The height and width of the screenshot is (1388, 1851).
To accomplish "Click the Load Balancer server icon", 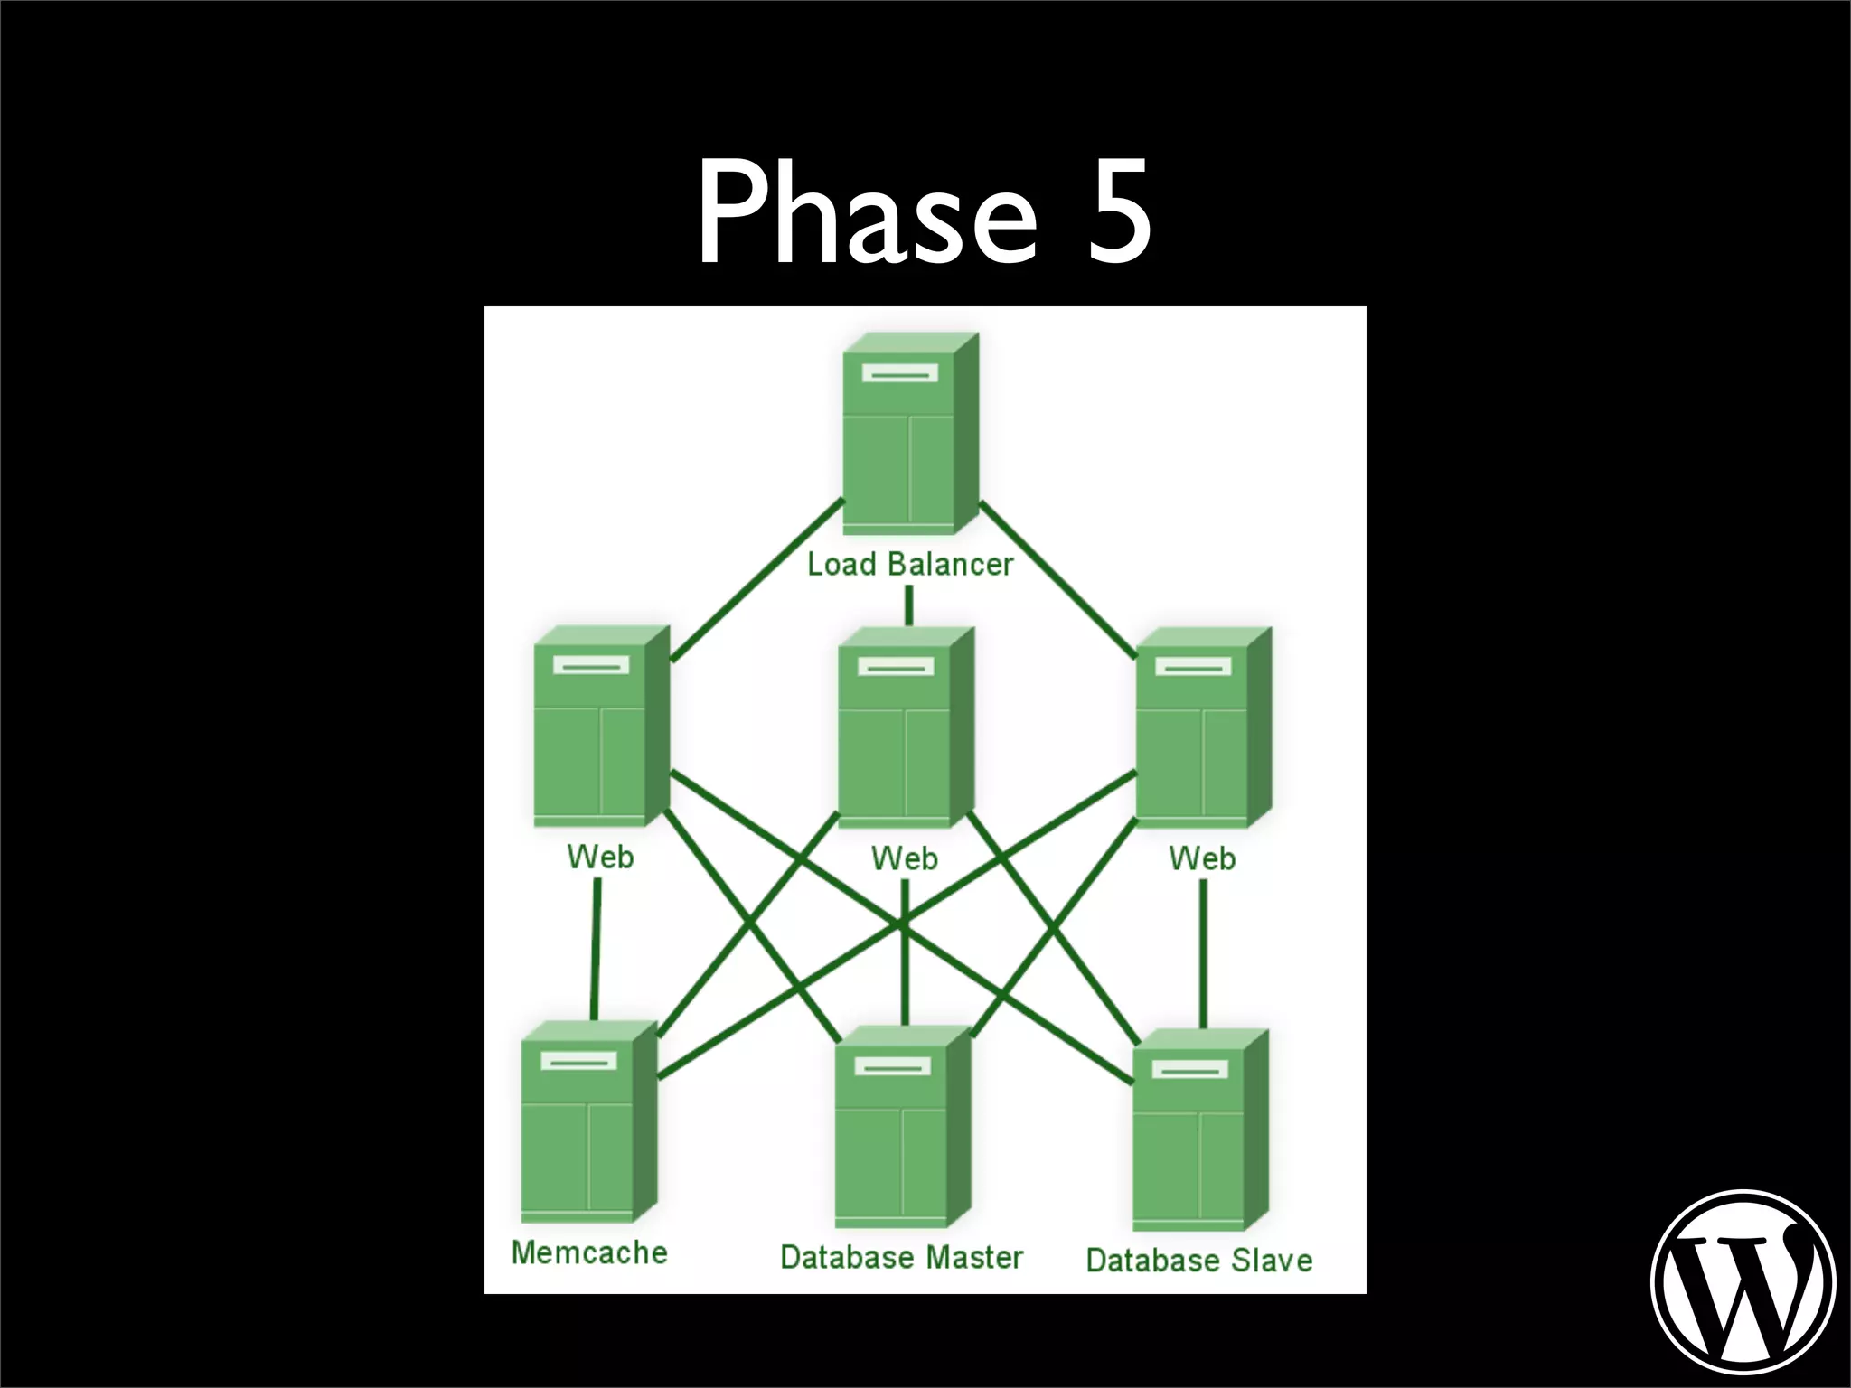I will pyautogui.click(x=910, y=434).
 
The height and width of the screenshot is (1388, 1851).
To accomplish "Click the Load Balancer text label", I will pyautogui.click(x=910, y=565).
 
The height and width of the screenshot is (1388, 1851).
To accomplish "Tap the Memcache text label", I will pyautogui.click(x=589, y=1252).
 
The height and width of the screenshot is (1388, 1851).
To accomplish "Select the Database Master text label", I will pyautogui.click(x=901, y=1257).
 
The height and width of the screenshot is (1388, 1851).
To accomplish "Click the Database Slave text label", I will pyautogui.click(x=1198, y=1260).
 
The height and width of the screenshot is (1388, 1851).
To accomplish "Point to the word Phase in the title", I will pyautogui.click(x=866, y=212).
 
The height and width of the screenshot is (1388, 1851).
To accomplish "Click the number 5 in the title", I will pyautogui.click(x=1119, y=212).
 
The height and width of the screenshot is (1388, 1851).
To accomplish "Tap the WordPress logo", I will pyautogui.click(x=1743, y=1281).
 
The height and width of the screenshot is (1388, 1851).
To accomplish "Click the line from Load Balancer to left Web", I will pyautogui.click(x=757, y=580).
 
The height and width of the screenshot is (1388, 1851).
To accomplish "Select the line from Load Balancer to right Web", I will pyautogui.click(x=1057, y=580).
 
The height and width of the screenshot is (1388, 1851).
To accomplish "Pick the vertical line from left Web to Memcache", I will pyautogui.click(x=597, y=949).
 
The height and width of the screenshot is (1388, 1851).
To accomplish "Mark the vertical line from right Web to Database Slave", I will pyautogui.click(x=1203, y=953).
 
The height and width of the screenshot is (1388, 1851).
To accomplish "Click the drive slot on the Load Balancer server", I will pyautogui.click(x=900, y=372).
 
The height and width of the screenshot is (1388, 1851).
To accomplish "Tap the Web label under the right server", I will pyautogui.click(x=1202, y=858).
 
